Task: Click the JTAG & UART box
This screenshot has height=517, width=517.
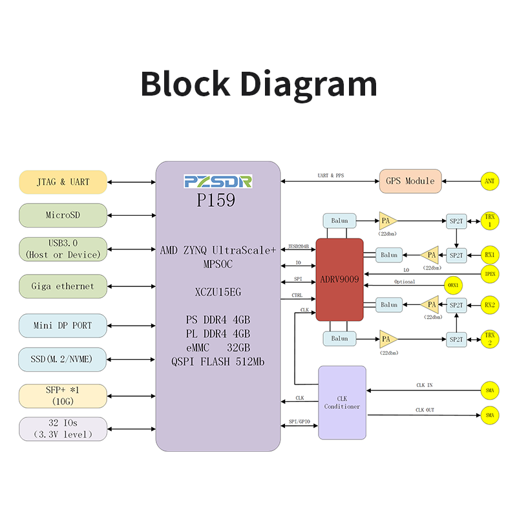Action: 63,182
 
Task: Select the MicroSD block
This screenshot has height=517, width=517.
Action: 63,215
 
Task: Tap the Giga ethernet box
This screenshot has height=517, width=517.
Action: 63,286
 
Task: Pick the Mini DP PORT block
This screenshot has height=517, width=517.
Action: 63,326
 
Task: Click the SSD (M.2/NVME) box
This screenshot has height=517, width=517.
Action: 62,359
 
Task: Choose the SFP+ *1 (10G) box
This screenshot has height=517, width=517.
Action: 63,396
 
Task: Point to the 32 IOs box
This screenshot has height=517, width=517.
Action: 63,429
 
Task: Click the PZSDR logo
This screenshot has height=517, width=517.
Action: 218,182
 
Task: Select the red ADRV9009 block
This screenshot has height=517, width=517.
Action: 340,280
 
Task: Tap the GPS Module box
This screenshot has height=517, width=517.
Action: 410,181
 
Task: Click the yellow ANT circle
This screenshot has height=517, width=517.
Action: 490,181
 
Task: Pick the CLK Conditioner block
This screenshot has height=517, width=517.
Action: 343,403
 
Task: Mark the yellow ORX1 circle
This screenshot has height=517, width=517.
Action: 453,285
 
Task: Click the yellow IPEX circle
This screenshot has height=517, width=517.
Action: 490,274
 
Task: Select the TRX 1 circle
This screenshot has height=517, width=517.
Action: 490,220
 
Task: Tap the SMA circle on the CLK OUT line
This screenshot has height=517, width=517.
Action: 490,415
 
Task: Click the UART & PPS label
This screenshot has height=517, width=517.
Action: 331,175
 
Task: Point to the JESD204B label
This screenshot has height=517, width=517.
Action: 299,246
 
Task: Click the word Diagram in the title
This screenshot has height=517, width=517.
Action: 309,84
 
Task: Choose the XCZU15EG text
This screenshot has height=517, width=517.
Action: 218,292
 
